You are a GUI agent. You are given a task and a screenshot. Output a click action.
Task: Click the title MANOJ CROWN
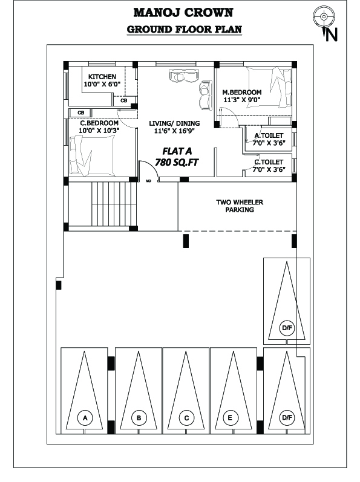[183, 13]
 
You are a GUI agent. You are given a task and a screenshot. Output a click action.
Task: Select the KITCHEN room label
[102, 77]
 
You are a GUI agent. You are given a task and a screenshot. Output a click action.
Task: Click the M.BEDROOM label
[242, 92]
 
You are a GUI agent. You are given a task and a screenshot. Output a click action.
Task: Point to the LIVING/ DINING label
[174, 123]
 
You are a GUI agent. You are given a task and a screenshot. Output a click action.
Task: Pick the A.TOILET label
[269, 135]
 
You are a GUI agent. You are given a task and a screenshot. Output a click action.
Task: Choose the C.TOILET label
[269, 162]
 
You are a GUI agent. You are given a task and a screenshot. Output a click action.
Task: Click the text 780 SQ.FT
[177, 162]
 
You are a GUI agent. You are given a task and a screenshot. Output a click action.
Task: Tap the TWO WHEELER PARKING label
[240, 206]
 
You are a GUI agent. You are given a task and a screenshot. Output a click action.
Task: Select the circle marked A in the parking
[85, 418]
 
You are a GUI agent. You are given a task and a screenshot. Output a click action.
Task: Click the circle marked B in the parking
[139, 418]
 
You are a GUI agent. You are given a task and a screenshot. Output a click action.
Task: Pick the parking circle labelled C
[186, 418]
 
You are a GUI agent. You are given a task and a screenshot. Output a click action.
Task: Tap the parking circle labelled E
[230, 418]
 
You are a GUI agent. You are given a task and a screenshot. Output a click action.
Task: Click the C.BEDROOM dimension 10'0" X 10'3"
[99, 131]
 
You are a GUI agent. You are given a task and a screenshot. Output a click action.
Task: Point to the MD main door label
[148, 181]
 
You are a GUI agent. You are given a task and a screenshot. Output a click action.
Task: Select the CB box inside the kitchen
[124, 100]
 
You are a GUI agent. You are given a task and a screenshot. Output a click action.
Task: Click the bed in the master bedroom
[269, 88]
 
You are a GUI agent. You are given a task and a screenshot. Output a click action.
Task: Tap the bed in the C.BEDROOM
[92, 156]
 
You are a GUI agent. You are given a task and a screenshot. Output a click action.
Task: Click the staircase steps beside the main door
[114, 203]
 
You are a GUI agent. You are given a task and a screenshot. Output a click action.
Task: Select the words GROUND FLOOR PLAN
[184, 30]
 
